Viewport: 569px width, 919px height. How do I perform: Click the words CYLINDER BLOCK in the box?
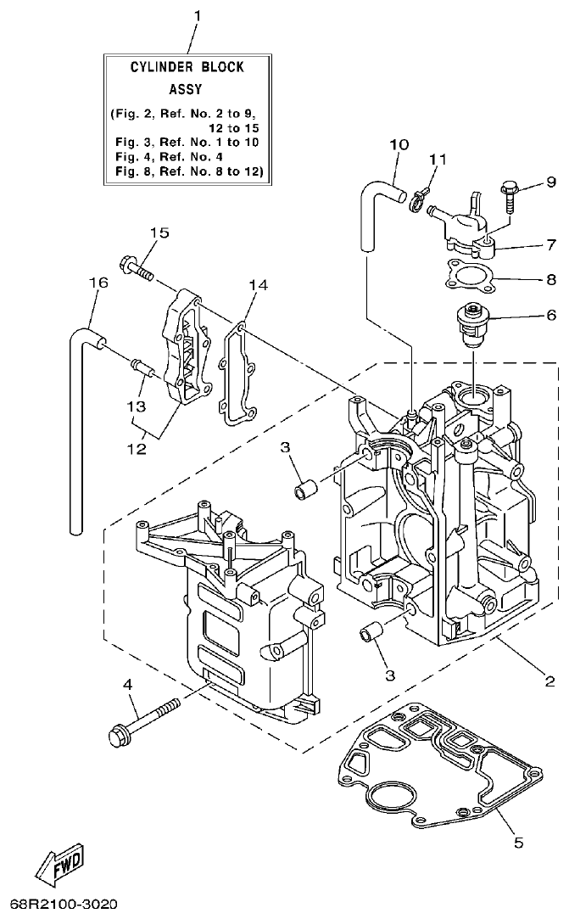[x=187, y=67]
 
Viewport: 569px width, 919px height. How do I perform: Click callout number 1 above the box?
[x=198, y=16]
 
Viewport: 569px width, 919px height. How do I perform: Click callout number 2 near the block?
[x=549, y=681]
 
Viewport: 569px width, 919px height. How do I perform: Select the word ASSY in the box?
[x=187, y=87]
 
